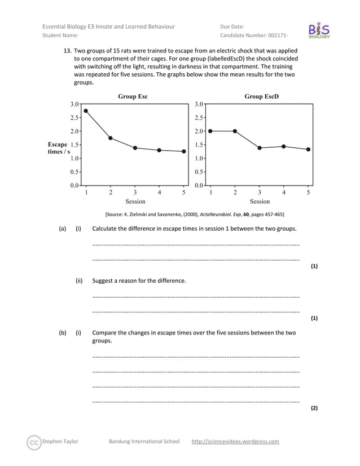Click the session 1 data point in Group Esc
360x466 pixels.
[x=86, y=111]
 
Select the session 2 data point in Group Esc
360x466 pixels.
[x=111, y=138]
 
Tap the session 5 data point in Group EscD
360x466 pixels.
[x=308, y=150]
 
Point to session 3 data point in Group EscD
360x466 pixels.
[x=260, y=148]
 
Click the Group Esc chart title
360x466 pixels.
[x=133, y=96]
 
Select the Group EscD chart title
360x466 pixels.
[x=261, y=96]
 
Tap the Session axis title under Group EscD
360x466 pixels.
[x=260, y=201]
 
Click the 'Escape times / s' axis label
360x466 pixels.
[x=58, y=148]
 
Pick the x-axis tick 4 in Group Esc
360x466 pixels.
[x=160, y=192]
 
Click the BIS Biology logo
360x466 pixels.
[x=319, y=30]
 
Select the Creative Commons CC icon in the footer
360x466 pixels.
[x=34, y=442]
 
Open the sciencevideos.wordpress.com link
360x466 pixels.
[x=235, y=441]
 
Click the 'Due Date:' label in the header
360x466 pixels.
[x=232, y=27]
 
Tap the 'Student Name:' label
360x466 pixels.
[x=60, y=36]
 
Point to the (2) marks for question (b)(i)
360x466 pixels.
[x=314, y=407]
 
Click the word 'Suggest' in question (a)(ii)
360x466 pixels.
[x=104, y=280]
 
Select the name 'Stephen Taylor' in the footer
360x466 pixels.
[x=60, y=441]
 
